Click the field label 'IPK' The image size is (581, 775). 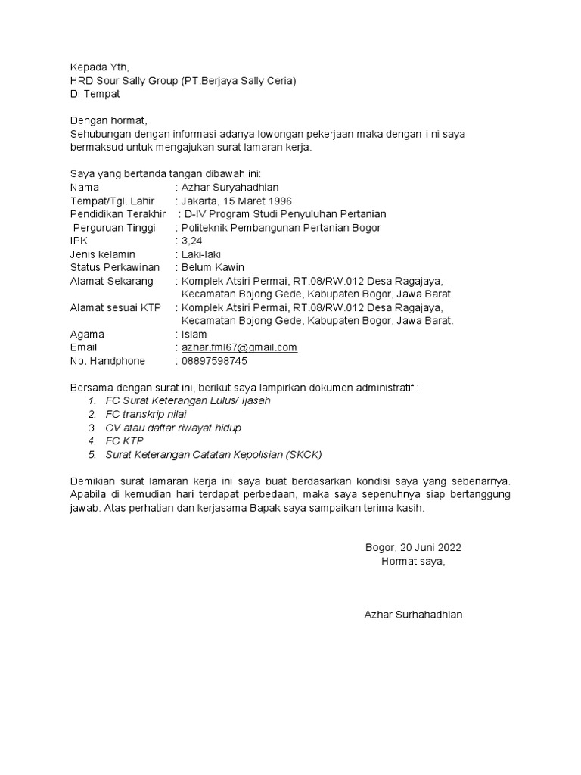click(x=79, y=241)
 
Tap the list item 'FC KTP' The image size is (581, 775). click(x=124, y=440)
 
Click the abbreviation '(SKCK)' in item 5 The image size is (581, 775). click(x=304, y=454)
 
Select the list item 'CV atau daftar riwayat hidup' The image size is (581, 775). click(x=173, y=428)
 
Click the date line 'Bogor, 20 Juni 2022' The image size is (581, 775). click(x=413, y=547)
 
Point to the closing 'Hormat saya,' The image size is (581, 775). click(x=413, y=561)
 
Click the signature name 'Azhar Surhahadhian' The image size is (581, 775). click(x=413, y=615)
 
